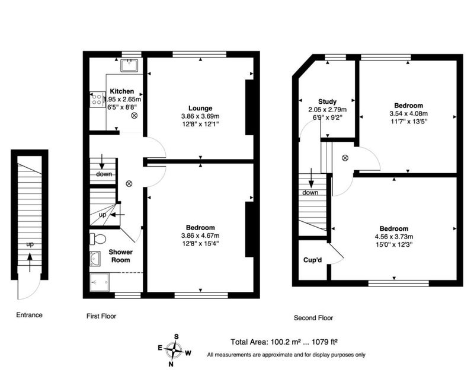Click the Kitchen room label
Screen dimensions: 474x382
122,91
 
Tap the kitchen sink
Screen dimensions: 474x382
129,65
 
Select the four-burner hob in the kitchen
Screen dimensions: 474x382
97,99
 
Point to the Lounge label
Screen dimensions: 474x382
200,108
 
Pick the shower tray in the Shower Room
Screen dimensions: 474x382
100,282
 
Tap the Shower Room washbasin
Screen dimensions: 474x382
95,259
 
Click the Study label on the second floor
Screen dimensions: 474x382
328,101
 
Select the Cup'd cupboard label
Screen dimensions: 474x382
313,260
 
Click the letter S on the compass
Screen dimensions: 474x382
176,336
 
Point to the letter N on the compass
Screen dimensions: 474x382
171,364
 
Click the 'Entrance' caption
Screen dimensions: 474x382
29,315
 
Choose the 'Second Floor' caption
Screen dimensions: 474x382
313,318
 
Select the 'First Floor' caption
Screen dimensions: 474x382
101,316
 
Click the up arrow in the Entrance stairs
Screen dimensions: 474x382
30,262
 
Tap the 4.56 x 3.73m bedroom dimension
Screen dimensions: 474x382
394,237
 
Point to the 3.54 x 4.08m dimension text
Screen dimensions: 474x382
408,113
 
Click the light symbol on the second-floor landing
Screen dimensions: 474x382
345,158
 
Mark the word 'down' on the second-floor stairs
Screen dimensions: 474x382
310,193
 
